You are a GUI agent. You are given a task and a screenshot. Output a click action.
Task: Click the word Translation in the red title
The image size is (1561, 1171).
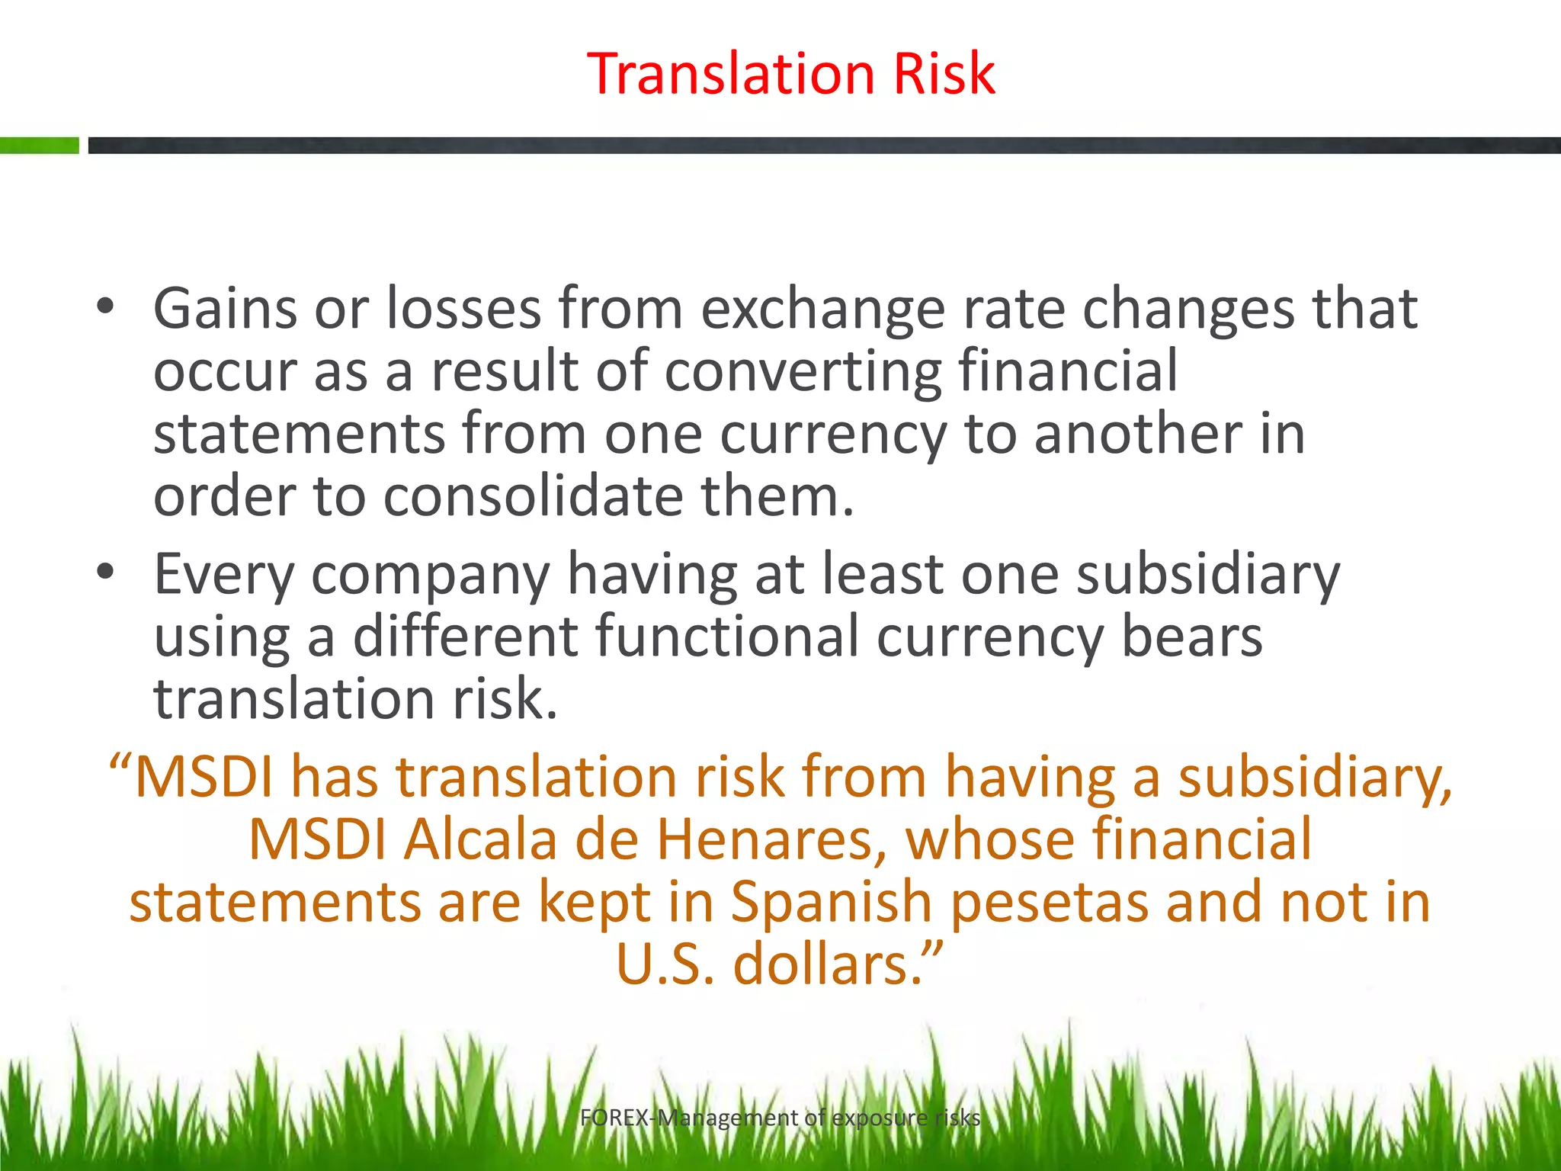[x=731, y=74]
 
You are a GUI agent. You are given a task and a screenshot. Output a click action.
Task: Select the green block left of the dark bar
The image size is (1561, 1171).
[x=39, y=145]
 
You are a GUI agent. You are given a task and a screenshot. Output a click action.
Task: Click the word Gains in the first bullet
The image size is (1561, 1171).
[x=225, y=309]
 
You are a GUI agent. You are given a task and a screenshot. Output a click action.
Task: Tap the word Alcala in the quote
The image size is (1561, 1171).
[x=480, y=839]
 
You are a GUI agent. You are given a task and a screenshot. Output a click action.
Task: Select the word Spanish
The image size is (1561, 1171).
[x=832, y=903]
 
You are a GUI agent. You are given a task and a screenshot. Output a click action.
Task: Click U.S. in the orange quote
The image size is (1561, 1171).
[x=665, y=964]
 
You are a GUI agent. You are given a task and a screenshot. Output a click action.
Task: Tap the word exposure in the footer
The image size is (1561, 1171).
[x=879, y=1118]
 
